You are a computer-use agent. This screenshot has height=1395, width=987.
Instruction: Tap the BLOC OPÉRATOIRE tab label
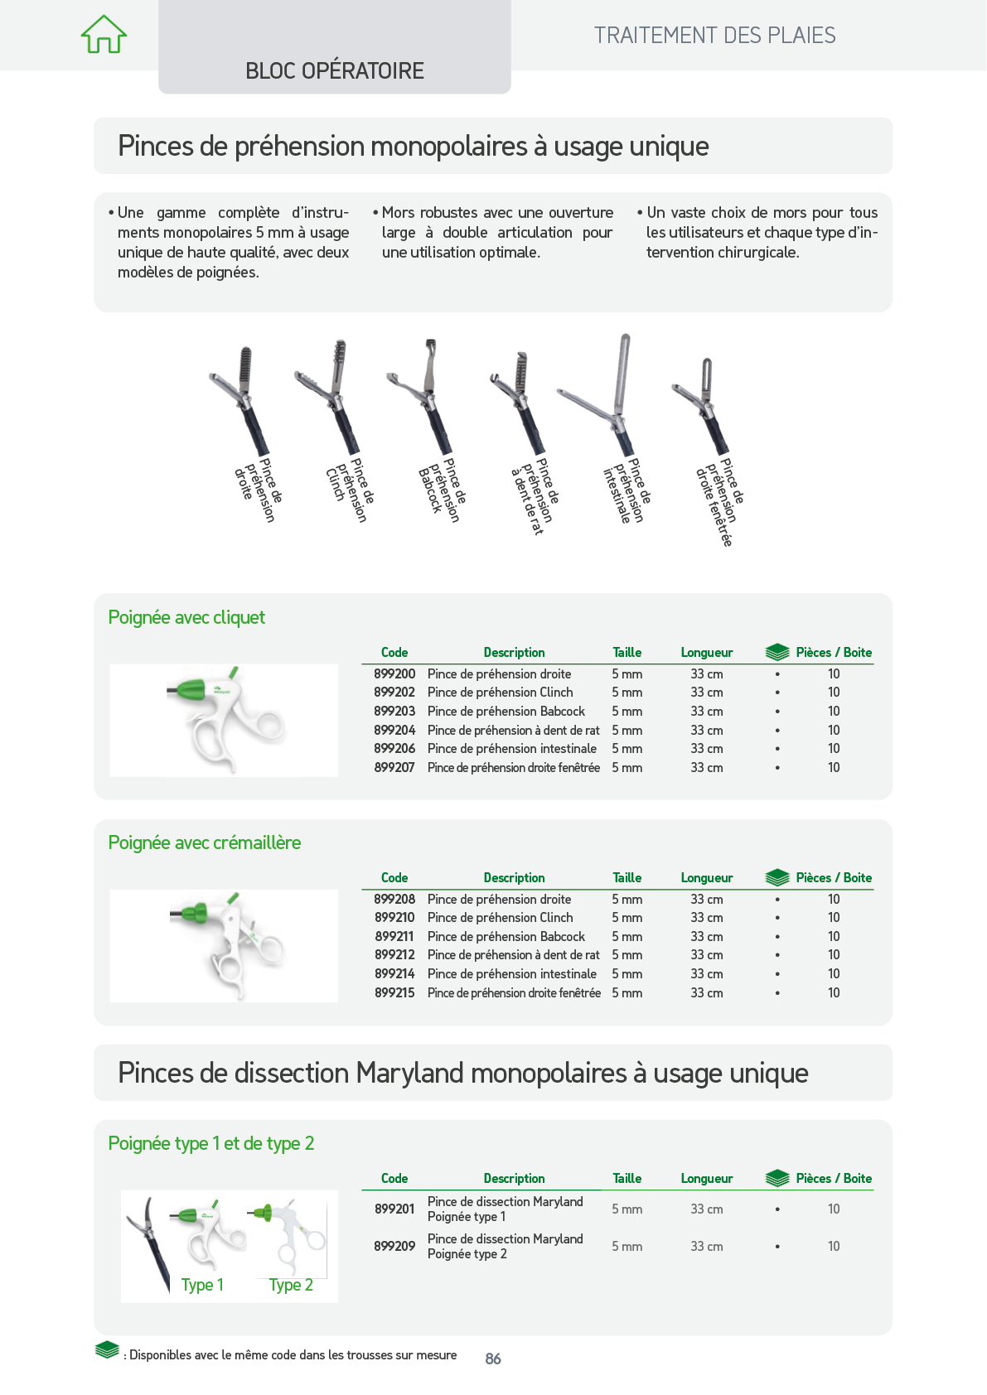[x=335, y=71]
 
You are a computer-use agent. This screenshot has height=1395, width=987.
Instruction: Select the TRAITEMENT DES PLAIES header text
[x=714, y=36]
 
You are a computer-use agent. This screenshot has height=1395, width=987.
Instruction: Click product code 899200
[x=394, y=673]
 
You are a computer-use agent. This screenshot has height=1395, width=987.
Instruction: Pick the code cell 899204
[x=394, y=730]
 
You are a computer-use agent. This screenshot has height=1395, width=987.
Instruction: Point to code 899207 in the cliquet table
[x=394, y=767]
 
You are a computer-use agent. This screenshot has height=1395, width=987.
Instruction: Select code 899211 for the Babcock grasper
[x=394, y=937]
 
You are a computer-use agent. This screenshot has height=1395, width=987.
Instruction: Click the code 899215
[x=394, y=992]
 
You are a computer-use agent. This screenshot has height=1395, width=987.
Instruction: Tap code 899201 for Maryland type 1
[x=394, y=1209]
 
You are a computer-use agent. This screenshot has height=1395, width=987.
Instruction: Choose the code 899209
[x=394, y=1246]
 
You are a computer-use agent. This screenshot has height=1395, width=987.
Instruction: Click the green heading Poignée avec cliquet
[x=186, y=618]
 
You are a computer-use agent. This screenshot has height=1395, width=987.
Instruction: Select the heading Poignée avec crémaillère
[x=205, y=842]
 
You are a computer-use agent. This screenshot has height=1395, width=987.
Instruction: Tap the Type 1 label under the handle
[x=202, y=1286]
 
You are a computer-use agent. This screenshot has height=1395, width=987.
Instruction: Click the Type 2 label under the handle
[x=290, y=1286]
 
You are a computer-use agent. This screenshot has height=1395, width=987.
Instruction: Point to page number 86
[x=493, y=1359]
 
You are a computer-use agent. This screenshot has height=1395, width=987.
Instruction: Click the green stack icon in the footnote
[x=107, y=1350]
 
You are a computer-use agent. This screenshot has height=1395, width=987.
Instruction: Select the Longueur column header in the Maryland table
[x=707, y=1179]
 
